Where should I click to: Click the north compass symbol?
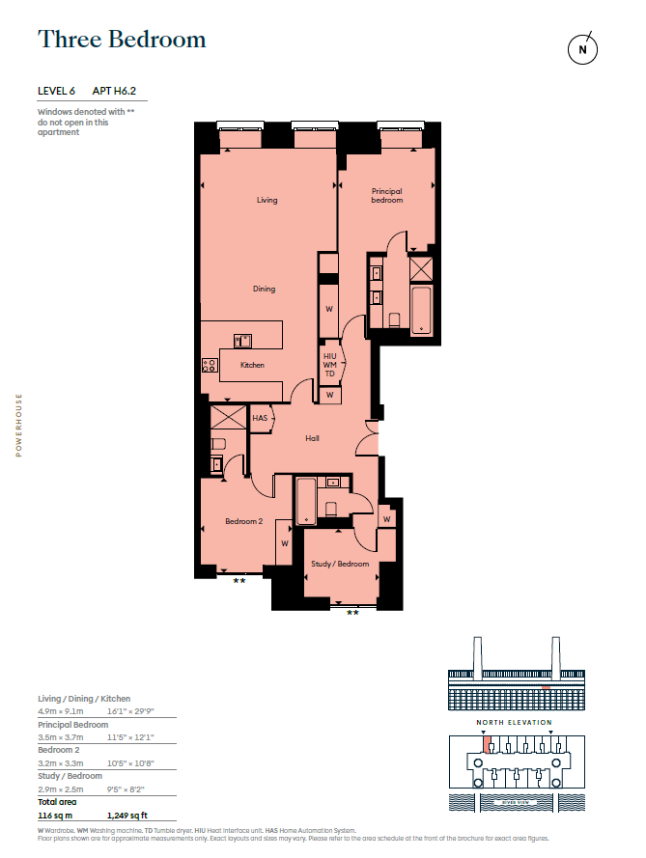tap(582, 48)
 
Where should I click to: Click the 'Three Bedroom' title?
tap(122, 40)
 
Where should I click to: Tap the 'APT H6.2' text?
tap(120, 91)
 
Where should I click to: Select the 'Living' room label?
tap(267, 201)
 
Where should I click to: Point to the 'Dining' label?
tap(264, 289)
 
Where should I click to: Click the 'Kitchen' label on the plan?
tap(252, 365)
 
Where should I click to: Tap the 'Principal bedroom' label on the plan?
tap(387, 196)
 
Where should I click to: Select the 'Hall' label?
tap(312, 438)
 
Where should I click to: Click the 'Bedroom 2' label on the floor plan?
tap(243, 521)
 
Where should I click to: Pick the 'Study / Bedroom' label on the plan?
tap(340, 565)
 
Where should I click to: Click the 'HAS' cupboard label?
tap(260, 419)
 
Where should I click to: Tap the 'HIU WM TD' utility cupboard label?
tap(329, 365)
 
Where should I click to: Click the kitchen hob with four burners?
tap(210, 365)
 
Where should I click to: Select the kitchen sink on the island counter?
tap(242, 340)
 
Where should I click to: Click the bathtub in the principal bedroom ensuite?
tap(421, 309)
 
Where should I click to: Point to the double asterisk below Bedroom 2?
tap(239, 582)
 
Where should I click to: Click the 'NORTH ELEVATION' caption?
tap(513, 722)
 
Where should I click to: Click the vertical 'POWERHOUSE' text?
tap(18, 425)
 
